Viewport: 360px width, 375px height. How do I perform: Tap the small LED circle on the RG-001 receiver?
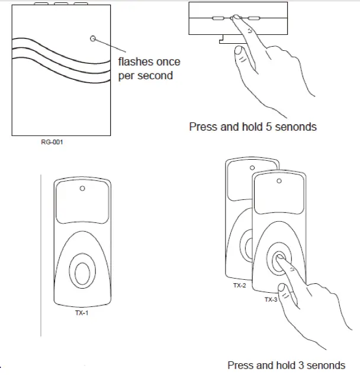point(92,38)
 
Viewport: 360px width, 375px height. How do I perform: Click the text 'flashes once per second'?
point(149,69)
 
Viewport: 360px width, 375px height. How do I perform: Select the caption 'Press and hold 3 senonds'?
point(285,364)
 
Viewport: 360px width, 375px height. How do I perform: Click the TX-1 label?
point(82,313)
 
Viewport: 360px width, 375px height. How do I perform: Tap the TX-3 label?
point(270,300)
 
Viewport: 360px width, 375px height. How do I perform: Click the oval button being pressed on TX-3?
point(279,259)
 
